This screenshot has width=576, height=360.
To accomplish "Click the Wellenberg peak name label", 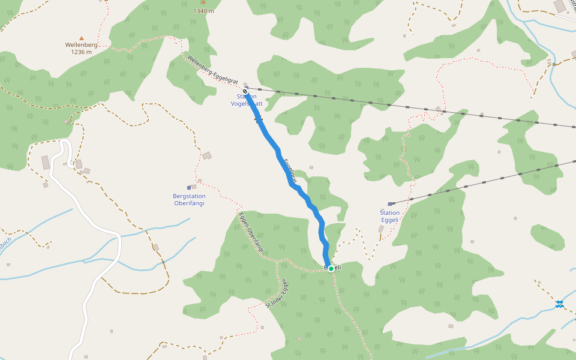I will pyautogui.click(x=81, y=45).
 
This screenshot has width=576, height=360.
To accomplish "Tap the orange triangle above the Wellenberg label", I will pyautogui.click(x=82, y=38).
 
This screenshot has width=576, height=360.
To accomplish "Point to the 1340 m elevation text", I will pyautogui.click(x=203, y=11).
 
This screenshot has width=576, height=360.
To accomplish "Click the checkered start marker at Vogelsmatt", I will pyautogui.click(x=245, y=91).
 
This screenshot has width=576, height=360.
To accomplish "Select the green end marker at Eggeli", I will pyautogui.click(x=331, y=269).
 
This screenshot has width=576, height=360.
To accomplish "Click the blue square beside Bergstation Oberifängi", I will pyautogui.click(x=189, y=187).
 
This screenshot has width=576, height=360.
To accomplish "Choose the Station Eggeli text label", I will pyautogui.click(x=389, y=216).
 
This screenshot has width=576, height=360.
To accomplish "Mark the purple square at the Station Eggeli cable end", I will pyautogui.click(x=390, y=204).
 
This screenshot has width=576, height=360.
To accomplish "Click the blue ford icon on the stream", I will pyautogui.click(x=559, y=304).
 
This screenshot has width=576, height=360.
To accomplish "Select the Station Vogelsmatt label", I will pyautogui.click(x=247, y=100).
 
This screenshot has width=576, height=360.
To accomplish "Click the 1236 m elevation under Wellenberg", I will pyautogui.click(x=81, y=52).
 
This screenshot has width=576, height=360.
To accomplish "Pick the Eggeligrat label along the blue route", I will pyautogui.click(x=290, y=169).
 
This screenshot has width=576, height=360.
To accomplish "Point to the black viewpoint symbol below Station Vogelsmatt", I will pyautogui.click(x=259, y=120).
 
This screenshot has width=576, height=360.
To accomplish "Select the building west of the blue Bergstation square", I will pyautogui.click(x=194, y=187).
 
